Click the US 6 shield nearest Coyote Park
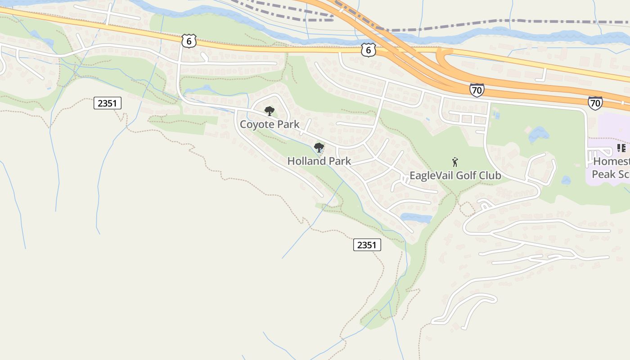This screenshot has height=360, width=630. pyautogui.click(x=189, y=41)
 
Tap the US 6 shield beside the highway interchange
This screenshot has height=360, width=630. pyautogui.click(x=368, y=50)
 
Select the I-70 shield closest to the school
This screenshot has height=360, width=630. pyautogui.click(x=595, y=103)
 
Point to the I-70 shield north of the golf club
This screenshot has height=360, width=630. pyautogui.click(x=477, y=90)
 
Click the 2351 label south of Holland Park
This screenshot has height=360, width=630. pyautogui.click(x=367, y=245)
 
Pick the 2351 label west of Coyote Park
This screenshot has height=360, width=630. pyautogui.click(x=107, y=103)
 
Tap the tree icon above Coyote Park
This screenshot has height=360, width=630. pyautogui.click(x=269, y=111)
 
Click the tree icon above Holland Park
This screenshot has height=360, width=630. pyautogui.click(x=319, y=147)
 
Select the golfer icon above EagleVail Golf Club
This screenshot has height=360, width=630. pyautogui.click(x=455, y=162)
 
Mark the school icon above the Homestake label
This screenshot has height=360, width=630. pyautogui.click(x=621, y=148)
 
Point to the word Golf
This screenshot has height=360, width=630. pyautogui.click(x=466, y=175)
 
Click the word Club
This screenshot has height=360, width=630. pyautogui.click(x=490, y=175)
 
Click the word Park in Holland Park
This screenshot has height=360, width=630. pyautogui.click(x=340, y=161)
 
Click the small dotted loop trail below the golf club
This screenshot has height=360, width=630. pyautogui.click(x=467, y=208)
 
